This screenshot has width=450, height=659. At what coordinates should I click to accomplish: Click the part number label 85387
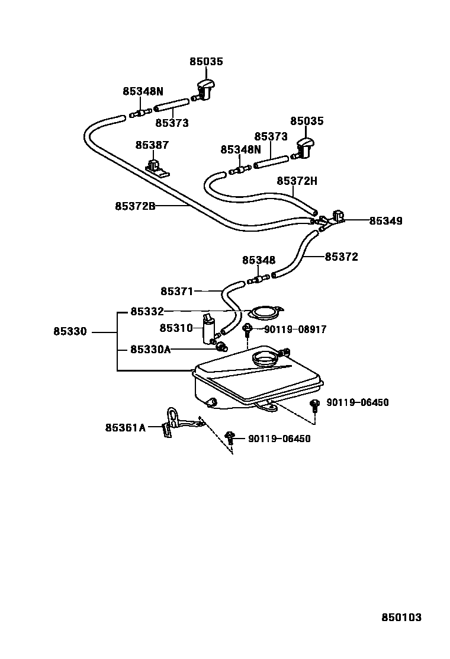coord(152,145)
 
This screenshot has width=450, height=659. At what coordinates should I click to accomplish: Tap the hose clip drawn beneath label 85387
coord(156,167)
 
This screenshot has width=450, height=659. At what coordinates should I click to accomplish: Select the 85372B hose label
coord(135,206)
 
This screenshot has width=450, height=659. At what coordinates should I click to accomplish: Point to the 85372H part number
coord(297,181)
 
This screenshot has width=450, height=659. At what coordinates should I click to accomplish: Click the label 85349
coord(385,221)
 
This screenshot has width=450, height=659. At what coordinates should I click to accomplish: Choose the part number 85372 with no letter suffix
coord(341,257)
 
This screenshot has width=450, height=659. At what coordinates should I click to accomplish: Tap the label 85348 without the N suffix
coord(259,260)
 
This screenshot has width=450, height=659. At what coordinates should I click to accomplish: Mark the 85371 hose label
coord(177,291)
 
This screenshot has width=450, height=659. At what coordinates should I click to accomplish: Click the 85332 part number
coord(147,311)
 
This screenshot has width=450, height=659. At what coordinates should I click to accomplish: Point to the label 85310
coord(176,328)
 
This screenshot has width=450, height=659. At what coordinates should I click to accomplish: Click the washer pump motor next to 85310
coord(210,329)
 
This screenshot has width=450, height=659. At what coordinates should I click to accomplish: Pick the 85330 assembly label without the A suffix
coord(70,332)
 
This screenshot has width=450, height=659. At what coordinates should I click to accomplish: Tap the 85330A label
coord(150,350)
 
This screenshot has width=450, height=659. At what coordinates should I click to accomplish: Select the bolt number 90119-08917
coord(295,329)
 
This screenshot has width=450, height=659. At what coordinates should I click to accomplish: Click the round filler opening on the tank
coord(265,359)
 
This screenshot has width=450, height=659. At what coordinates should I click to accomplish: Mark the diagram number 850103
coord(401,618)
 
